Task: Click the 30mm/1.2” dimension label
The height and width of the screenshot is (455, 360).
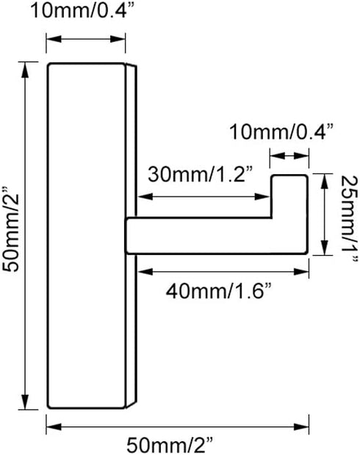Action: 201,174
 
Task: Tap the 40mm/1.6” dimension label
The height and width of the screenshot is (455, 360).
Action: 218,291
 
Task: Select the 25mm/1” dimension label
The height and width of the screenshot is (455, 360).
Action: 349,219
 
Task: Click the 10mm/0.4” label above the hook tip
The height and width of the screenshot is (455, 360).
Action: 281,132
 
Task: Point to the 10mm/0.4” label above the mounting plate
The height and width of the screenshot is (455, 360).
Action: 82,11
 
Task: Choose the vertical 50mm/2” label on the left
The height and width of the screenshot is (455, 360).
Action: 11,229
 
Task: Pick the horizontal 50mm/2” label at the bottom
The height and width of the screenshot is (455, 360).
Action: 170,445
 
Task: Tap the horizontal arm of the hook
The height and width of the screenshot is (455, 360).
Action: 217,236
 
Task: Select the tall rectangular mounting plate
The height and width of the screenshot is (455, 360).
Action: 87,236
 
